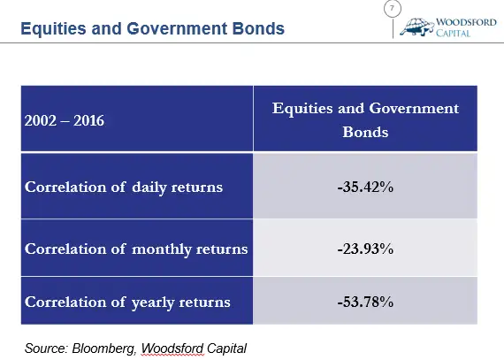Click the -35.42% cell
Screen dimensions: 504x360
[365, 187]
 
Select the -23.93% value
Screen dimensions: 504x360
[365, 249]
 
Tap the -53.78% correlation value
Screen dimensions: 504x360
[365, 302]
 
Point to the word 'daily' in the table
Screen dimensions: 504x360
[149, 188]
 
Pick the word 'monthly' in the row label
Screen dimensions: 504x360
[162, 249]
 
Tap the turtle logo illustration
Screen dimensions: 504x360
[416, 27]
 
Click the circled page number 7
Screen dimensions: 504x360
[393, 8]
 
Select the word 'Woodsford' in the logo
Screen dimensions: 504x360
[466, 22]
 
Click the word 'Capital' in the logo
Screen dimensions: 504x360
[453, 33]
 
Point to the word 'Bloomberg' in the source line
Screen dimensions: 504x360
[103, 349]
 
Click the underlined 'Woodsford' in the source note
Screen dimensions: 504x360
[172, 349]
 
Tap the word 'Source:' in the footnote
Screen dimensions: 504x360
[46, 349]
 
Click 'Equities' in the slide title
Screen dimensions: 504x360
[53, 28]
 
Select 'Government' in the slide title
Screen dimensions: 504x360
[177, 28]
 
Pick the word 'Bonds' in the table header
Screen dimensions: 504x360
[365, 132]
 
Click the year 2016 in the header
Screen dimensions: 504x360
[89, 121]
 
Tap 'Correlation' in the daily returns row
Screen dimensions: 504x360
[65, 187]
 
